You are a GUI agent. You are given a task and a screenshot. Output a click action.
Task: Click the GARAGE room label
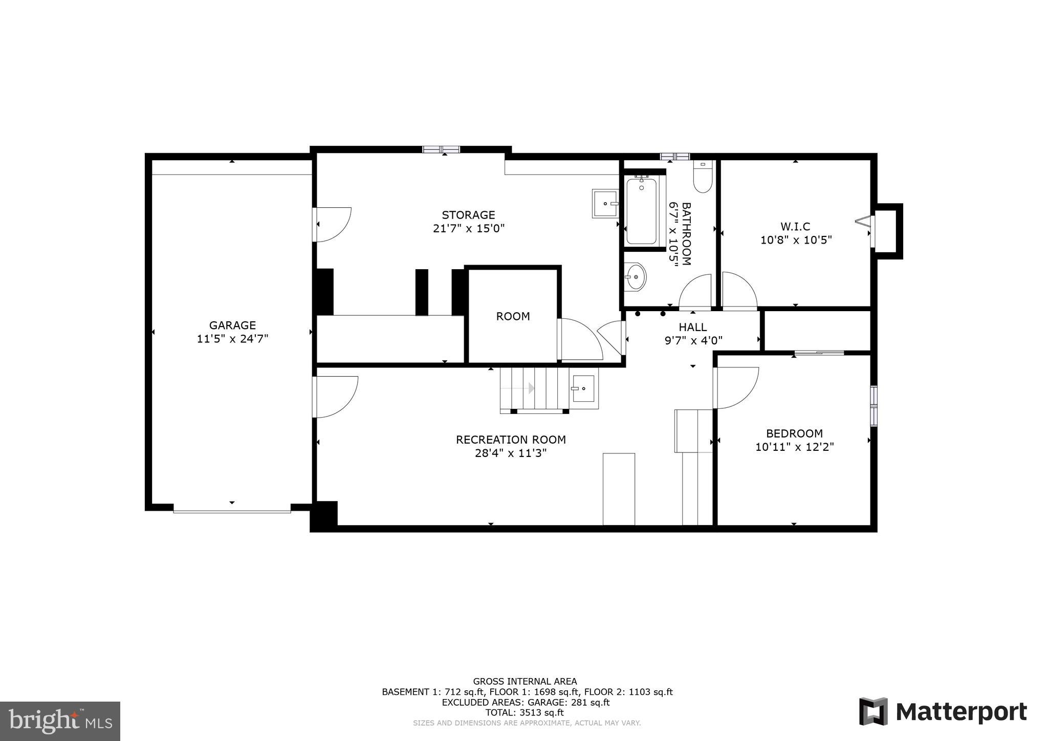[x=232, y=325]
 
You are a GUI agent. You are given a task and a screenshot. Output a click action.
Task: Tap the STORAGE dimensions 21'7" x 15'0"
[x=469, y=228]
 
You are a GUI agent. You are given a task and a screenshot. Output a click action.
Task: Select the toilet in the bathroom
[x=703, y=177]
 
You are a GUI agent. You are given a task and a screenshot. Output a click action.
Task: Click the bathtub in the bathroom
[x=641, y=211]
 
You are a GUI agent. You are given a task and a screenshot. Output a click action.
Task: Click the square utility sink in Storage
[x=605, y=204]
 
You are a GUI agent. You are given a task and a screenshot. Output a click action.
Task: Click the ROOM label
[x=513, y=316]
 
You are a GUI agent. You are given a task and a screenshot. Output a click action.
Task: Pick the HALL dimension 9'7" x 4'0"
[x=693, y=340]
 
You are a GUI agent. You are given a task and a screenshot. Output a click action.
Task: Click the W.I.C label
[x=795, y=226]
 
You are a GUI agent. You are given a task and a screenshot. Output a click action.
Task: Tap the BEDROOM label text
[x=794, y=433]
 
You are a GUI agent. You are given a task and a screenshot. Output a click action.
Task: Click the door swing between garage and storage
[x=333, y=224]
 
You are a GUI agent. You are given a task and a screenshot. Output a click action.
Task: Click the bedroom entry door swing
[x=736, y=388]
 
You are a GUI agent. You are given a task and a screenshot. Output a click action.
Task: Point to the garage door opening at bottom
[x=232, y=510]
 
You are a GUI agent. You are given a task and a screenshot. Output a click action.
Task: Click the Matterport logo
[x=943, y=712]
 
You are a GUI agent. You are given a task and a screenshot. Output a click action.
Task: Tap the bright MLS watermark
[x=60, y=721]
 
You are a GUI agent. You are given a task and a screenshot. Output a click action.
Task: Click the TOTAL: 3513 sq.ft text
[x=525, y=712]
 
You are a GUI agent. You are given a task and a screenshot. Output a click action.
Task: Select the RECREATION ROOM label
[x=511, y=440]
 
